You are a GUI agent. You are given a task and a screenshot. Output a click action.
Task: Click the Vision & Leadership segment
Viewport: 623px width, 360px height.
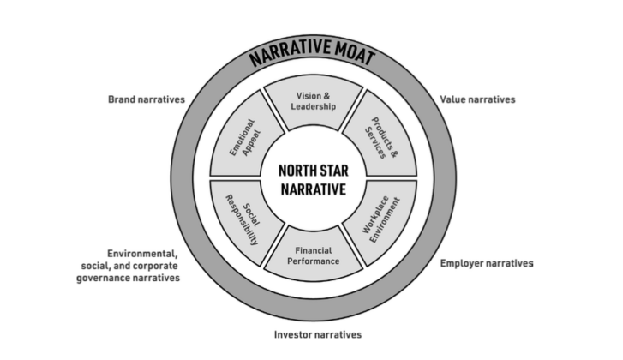tap(312, 105)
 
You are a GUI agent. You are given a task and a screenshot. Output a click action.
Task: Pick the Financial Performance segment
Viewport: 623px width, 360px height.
tap(312, 254)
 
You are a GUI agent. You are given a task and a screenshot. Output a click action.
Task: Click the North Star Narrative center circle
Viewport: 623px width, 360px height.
tap(312, 179)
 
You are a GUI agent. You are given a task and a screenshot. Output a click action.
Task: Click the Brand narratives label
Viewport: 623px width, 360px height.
tap(146, 99)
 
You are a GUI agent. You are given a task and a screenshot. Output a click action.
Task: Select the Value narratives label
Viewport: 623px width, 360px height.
tap(477, 99)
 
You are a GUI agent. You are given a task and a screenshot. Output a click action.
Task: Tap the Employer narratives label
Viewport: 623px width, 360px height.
tap(486, 263)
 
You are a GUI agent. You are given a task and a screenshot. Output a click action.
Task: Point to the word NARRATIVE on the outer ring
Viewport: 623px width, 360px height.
tap(285, 57)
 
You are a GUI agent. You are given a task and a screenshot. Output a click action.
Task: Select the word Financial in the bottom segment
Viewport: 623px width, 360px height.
tap(312, 249)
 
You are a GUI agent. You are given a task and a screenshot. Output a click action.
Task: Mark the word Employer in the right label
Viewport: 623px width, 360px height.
tap(464, 263)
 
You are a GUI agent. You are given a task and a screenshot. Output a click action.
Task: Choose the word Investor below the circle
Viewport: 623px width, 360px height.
tap(293, 334)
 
